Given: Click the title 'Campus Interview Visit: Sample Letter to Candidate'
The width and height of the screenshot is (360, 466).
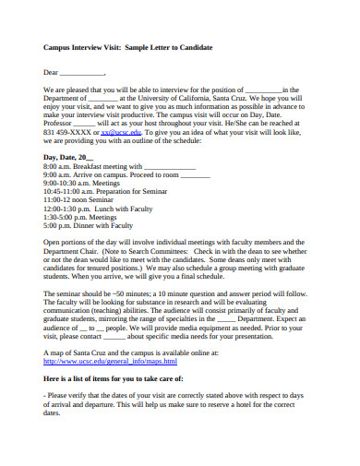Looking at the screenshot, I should [x=128, y=47].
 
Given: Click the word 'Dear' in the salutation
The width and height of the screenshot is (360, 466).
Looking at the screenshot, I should [x=52, y=71].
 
